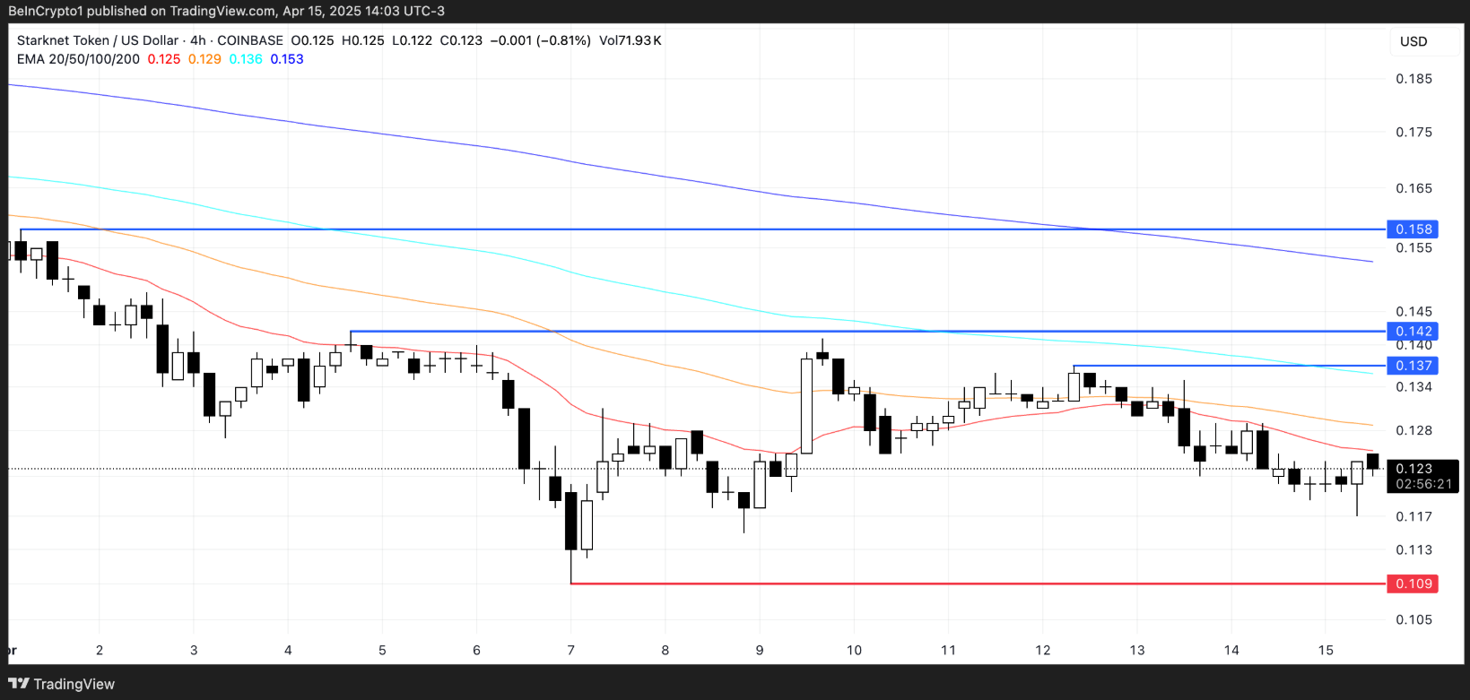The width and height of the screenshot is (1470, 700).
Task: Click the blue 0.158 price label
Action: tap(1414, 229)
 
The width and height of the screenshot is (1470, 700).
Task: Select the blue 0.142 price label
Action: tap(1414, 332)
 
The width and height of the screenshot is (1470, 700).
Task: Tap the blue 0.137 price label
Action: tap(1414, 366)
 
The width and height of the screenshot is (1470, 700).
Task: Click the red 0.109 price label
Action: tap(1414, 583)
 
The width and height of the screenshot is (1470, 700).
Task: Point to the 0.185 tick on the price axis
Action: tap(1414, 79)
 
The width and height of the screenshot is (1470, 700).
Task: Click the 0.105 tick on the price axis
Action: tap(1414, 619)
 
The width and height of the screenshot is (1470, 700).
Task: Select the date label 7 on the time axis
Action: tap(570, 650)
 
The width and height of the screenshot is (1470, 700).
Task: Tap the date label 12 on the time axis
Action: tap(1042, 650)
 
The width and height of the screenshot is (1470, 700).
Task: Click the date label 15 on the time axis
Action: tap(1326, 650)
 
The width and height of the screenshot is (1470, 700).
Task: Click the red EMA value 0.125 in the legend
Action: tap(164, 59)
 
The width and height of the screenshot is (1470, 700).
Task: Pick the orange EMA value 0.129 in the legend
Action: tap(204, 59)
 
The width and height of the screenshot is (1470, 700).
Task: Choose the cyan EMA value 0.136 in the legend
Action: tap(246, 59)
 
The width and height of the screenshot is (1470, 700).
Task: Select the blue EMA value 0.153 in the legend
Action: tap(287, 59)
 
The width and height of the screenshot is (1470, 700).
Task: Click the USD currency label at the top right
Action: tap(1413, 41)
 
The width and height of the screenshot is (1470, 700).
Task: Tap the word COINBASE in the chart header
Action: tap(250, 40)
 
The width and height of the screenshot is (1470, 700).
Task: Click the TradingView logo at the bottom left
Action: tap(62, 684)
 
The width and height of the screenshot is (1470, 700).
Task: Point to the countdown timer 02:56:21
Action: tap(1424, 484)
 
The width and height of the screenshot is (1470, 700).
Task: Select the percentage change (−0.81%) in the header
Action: tap(563, 40)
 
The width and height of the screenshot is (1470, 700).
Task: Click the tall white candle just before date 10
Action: tap(806, 406)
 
